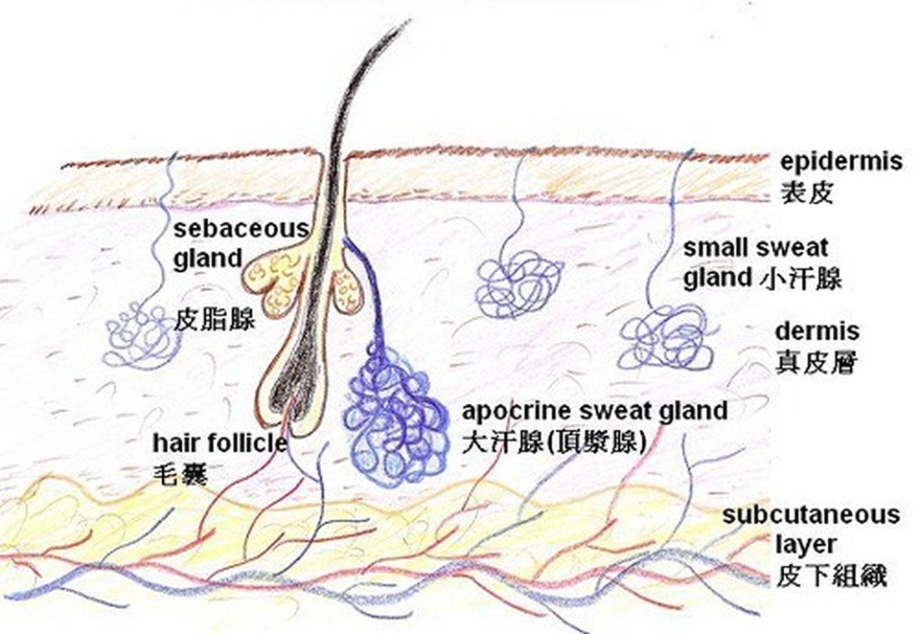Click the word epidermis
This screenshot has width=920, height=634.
[840, 162]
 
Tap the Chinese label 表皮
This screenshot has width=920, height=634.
[806, 192]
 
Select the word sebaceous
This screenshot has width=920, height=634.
[241, 228]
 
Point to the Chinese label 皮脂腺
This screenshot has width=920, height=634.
[214, 320]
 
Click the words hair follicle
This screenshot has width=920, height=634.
[220, 442]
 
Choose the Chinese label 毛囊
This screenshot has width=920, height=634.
[180, 474]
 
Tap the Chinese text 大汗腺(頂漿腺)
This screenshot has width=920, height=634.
[554, 442]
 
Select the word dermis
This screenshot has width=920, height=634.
[817, 331]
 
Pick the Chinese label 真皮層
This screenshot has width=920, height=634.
[816, 362]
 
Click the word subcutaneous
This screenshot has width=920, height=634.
[811, 515]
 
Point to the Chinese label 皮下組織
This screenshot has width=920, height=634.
[831, 575]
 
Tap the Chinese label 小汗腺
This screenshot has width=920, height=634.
[800, 278]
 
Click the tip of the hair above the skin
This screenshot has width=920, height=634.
[407, 22]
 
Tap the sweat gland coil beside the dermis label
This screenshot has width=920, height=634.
[666, 338]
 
